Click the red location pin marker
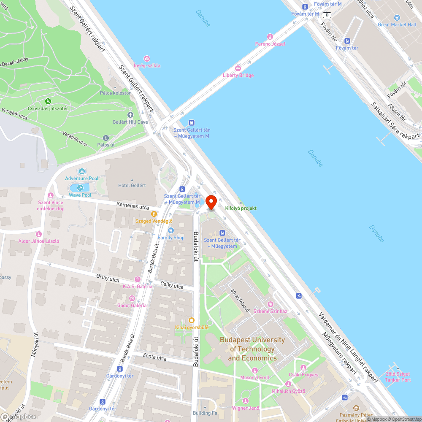[211, 201]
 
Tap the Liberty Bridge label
[238, 75]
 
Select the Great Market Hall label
[397, 24]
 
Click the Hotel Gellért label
[132, 185]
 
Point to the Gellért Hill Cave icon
[130, 115]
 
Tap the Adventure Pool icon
[81, 171]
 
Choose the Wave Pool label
[80, 195]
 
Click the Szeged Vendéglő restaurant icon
[154, 214]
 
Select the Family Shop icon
[171, 230]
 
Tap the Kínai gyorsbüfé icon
[192, 320]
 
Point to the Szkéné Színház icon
[271, 304]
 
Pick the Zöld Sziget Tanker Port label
[398, 377]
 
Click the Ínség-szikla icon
[147, 58]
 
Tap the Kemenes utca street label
[133, 207]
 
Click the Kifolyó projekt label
[241, 208]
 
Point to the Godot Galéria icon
[132, 298]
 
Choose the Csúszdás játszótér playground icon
[48, 101]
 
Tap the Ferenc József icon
[270, 37]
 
